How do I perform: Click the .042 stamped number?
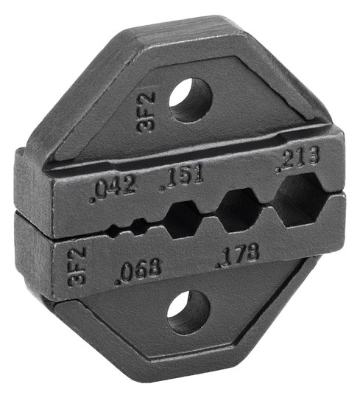[x=113, y=187]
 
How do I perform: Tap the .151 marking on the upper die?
[x=182, y=178]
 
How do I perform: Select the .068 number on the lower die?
[x=138, y=270]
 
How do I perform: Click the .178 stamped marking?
[x=238, y=254]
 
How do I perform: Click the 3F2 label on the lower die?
[x=77, y=266]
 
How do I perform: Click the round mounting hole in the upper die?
[x=191, y=100]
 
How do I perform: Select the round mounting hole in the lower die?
[x=188, y=312]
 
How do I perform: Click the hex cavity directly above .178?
[x=238, y=210]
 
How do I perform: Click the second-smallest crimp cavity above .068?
[x=138, y=226]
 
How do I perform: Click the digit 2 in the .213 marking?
[x=289, y=159]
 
